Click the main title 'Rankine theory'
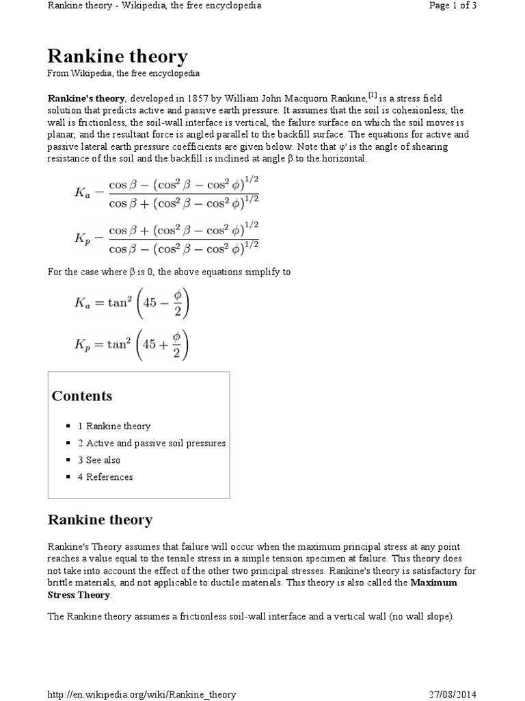[117, 56]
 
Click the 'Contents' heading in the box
[82, 396]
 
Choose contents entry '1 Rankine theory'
[114, 426]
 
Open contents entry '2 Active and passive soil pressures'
[152, 443]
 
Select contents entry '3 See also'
[99, 460]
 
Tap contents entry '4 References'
[105, 477]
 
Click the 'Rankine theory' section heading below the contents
[100, 520]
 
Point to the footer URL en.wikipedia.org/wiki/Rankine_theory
[142, 694]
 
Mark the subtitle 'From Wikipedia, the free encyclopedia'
[123, 73]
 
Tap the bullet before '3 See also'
[69, 460]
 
